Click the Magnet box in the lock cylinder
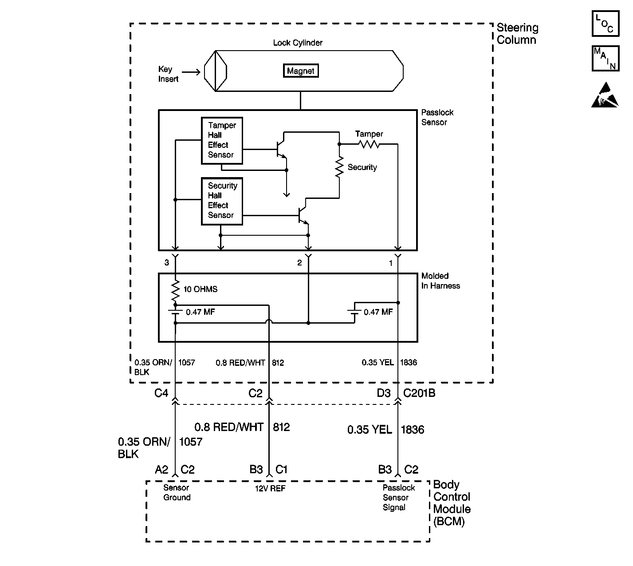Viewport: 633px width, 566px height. (301, 71)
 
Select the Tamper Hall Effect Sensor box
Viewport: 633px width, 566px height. (222, 140)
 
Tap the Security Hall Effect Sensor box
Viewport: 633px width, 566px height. (222, 201)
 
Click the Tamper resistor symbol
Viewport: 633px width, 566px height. (369, 144)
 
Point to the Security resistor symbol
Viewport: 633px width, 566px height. (339, 167)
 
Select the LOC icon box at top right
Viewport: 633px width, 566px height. (605, 24)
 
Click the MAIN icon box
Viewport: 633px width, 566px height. (605, 58)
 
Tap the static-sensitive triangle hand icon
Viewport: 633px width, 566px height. (604, 95)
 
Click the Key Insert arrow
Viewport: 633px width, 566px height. (191, 72)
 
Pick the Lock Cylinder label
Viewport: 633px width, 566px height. (298, 43)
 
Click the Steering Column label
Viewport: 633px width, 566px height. (517, 34)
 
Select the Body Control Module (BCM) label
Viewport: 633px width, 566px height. (452, 503)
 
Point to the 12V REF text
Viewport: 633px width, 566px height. (270, 488)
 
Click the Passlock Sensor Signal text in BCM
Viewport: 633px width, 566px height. (398, 498)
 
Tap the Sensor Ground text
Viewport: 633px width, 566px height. (177, 493)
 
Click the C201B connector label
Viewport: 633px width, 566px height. (419, 393)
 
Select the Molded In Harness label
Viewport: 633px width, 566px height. (440, 281)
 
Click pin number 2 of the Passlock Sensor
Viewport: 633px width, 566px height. (299, 263)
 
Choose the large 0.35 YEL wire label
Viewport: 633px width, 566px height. (370, 430)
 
